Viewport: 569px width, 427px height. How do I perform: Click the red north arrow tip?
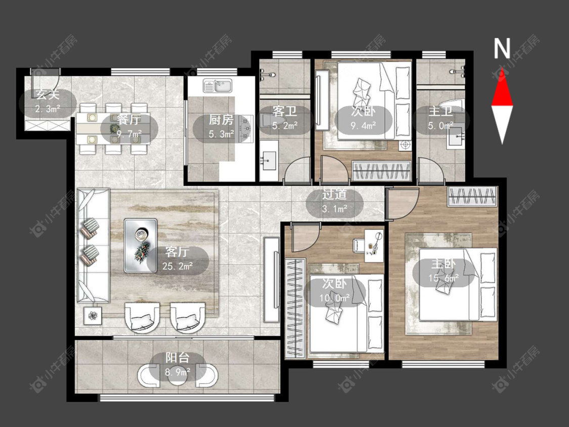pyautogui.click(x=502, y=69)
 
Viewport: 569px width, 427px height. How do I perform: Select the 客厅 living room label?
pyautogui.click(x=177, y=251)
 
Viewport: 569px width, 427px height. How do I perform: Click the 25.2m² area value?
pyautogui.click(x=178, y=266)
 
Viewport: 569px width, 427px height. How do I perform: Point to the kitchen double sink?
pyautogui.click(x=217, y=86)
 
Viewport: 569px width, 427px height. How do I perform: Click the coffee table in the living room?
pyautogui.click(x=141, y=245)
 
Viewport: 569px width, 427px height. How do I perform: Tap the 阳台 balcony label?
pyautogui.click(x=178, y=358)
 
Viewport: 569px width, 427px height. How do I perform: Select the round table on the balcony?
pyautogui.click(x=178, y=376)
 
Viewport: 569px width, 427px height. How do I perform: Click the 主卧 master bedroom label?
pyautogui.click(x=443, y=264)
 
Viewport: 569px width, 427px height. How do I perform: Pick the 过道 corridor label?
pyautogui.click(x=334, y=195)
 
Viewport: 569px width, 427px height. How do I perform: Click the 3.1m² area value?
pyautogui.click(x=335, y=209)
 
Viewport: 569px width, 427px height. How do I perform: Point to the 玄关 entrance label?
pyautogui.click(x=48, y=95)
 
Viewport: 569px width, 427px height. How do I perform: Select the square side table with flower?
pyautogui.click(x=93, y=316)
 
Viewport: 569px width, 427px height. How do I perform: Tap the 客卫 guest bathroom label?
pyautogui.click(x=284, y=111)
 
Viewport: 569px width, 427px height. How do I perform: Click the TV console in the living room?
pyautogui.click(x=272, y=279)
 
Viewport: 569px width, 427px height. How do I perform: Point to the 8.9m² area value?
pyautogui.click(x=178, y=372)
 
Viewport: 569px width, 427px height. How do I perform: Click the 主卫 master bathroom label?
pyautogui.click(x=440, y=111)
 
